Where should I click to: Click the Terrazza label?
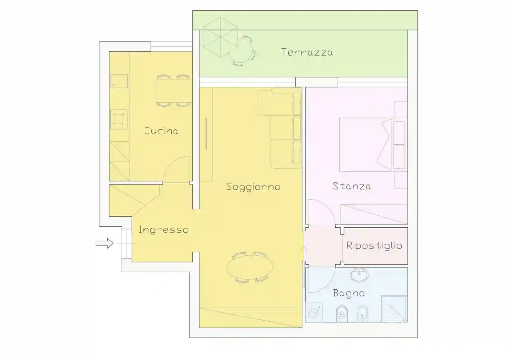307,52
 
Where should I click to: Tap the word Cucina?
161,131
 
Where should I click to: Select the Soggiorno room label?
253,187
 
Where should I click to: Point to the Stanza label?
352,186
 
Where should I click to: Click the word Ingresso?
163,230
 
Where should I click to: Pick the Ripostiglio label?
374,245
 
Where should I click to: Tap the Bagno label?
349,293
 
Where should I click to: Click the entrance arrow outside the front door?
105,243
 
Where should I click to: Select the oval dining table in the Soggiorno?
250,267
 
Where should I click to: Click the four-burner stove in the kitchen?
119,119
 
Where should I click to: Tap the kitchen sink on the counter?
119,81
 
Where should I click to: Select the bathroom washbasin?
359,275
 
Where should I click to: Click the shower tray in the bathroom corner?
394,309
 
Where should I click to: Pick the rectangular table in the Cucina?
174,91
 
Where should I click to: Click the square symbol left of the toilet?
314,312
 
